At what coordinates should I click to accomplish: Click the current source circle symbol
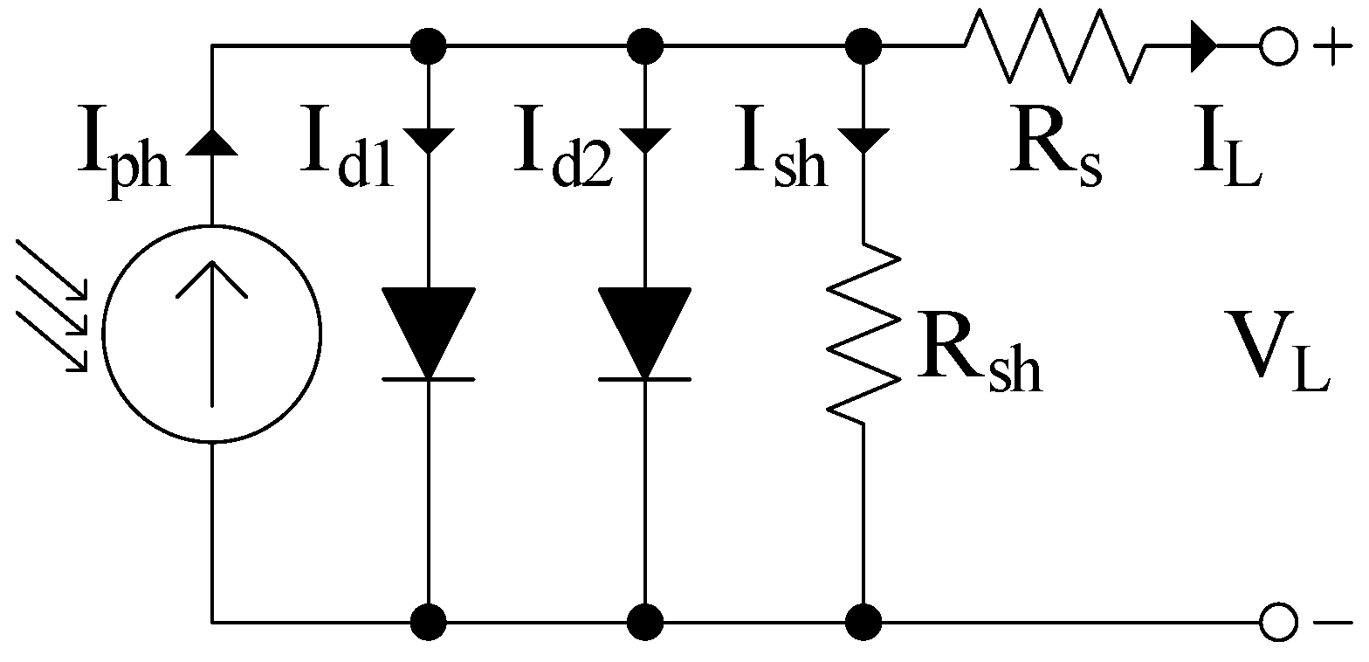212,333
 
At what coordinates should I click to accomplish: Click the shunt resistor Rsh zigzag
863,333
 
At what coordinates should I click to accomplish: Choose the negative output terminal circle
1276,623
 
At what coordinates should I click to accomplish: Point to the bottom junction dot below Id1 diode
428,623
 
